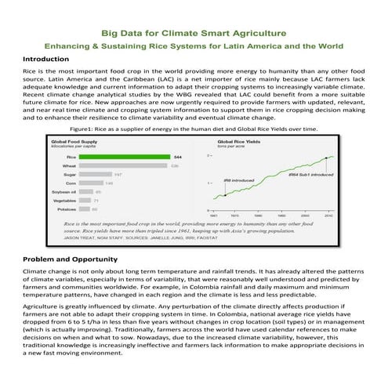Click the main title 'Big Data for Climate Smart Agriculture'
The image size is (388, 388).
194,33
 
